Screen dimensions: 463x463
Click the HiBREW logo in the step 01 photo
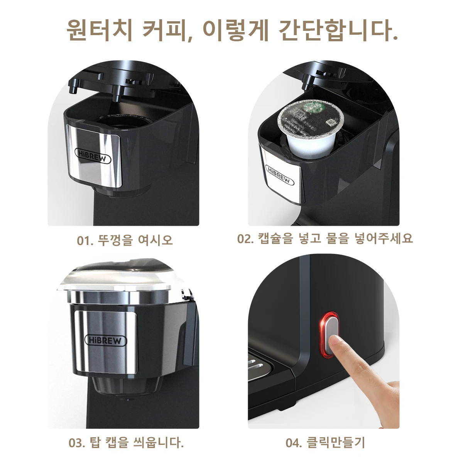pos(93,155)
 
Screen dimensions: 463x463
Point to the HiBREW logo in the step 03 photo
pos(105,340)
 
